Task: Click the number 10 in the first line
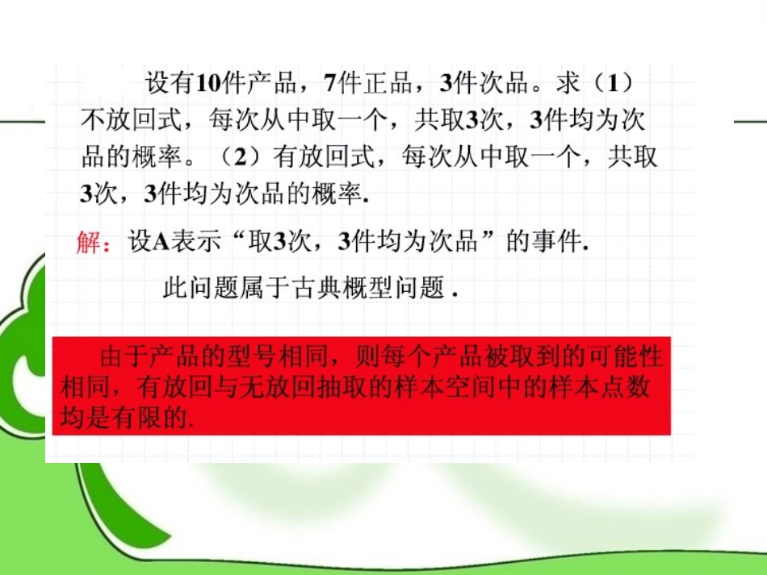(208, 83)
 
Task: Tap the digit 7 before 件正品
(330, 83)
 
